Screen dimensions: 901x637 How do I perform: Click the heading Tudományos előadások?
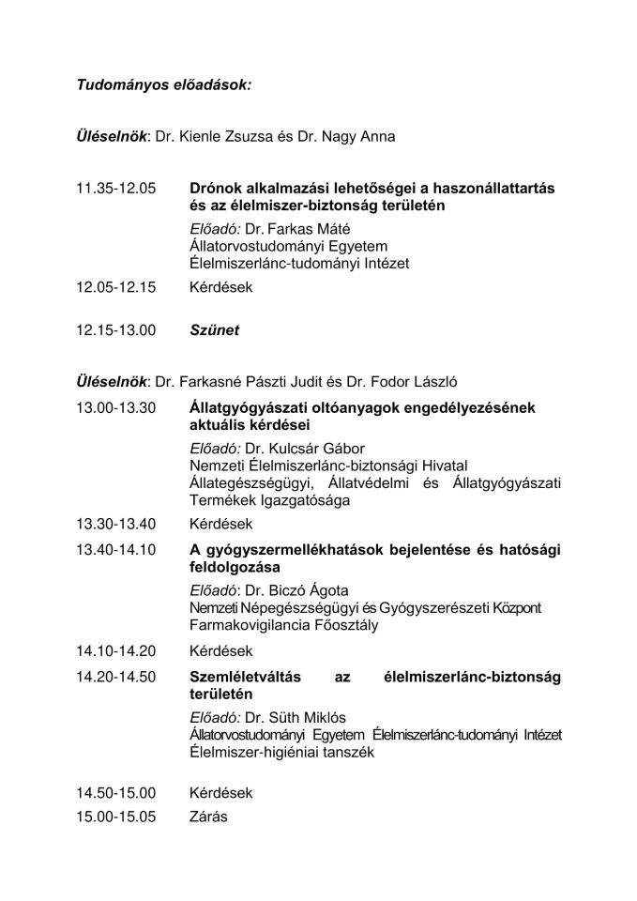coord(164,85)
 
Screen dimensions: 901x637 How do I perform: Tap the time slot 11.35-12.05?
coord(116,189)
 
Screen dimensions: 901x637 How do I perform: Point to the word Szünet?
coord(214,330)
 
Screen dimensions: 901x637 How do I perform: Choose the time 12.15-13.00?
coord(116,330)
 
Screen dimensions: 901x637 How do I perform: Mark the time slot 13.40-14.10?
coord(116,549)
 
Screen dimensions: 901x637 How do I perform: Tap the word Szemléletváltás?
coord(249,678)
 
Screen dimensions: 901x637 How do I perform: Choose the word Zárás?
coord(208,817)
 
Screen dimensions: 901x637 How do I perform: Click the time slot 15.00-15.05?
coord(116,817)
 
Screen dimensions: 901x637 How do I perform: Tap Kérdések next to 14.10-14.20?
coord(220,650)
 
